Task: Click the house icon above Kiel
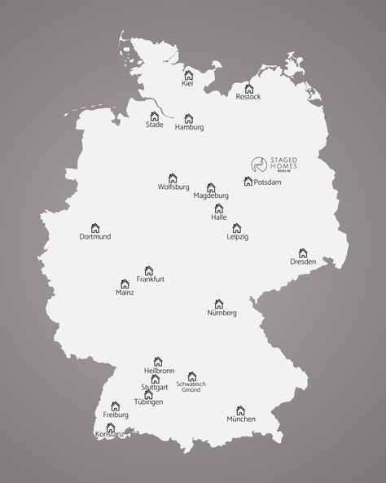click(188, 74)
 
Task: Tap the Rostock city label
click(248, 97)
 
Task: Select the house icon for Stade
click(155, 116)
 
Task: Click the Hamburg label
click(189, 128)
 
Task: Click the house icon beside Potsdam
click(248, 182)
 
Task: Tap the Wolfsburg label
click(173, 187)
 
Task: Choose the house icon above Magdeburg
click(211, 187)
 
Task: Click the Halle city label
click(218, 217)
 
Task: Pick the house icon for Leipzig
click(237, 228)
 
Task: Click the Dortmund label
click(95, 237)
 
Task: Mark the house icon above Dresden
click(303, 252)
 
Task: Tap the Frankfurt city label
click(151, 279)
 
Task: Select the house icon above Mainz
click(125, 283)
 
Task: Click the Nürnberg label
click(222, 313)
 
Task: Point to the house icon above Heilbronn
click(158, 361)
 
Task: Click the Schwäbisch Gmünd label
click(191, 387)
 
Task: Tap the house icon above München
click(240, 411)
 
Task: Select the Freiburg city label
click(116, 415)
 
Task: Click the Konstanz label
click(110, 435)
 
